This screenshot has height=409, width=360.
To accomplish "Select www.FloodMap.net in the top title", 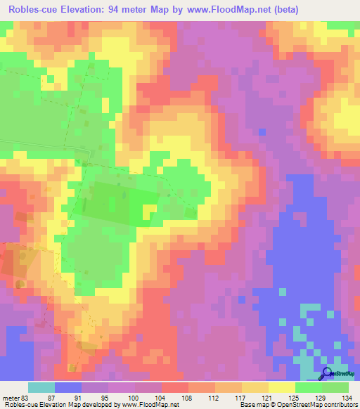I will tap(229, 10).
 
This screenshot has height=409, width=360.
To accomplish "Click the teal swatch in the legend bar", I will tap(41, 387).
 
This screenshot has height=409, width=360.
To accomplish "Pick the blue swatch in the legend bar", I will tap(68, 387).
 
